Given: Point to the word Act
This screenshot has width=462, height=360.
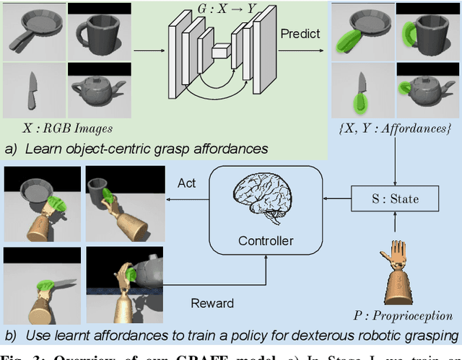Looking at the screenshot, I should click(x=187, y=184).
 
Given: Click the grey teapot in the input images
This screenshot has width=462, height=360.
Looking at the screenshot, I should click(x=99, y=92).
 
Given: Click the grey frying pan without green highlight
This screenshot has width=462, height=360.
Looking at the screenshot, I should click(x=32, y=32).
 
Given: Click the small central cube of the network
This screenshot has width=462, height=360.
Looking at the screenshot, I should click(x=221, y=51).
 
